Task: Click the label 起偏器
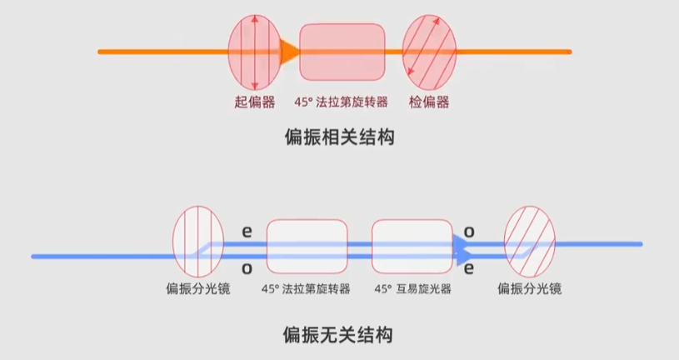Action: (x=254, y=102)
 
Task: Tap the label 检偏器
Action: (x=429, y=102)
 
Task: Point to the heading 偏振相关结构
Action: (x=339, y=137)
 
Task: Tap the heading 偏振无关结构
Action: (x=339, y=336)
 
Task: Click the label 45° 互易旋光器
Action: (x=412, y=289)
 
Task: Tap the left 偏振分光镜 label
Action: (x=197, y=289)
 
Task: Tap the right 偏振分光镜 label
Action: (x=529, y=289)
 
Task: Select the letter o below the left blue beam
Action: (x=247, y=267)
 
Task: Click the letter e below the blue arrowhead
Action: (x=468, y=267)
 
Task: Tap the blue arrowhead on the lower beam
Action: (x=462, y=247)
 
